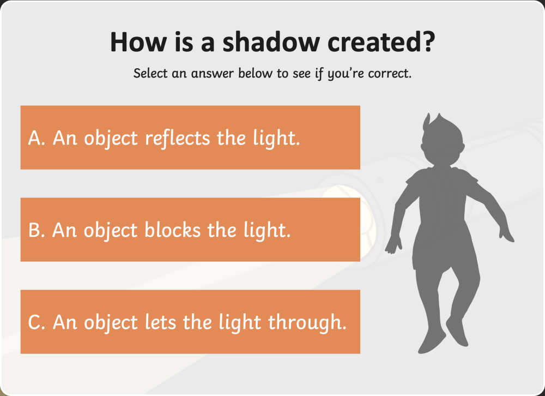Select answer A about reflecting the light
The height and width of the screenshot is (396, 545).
tap(190, 137)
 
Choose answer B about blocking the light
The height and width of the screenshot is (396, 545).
tap(190, 230)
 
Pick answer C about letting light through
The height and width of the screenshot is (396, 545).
tap(190, 322)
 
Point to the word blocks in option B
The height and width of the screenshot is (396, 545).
tap(173, 230)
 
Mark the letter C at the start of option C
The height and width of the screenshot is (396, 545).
tap(35, 323)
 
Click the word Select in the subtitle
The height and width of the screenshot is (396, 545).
tap(150, 73)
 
